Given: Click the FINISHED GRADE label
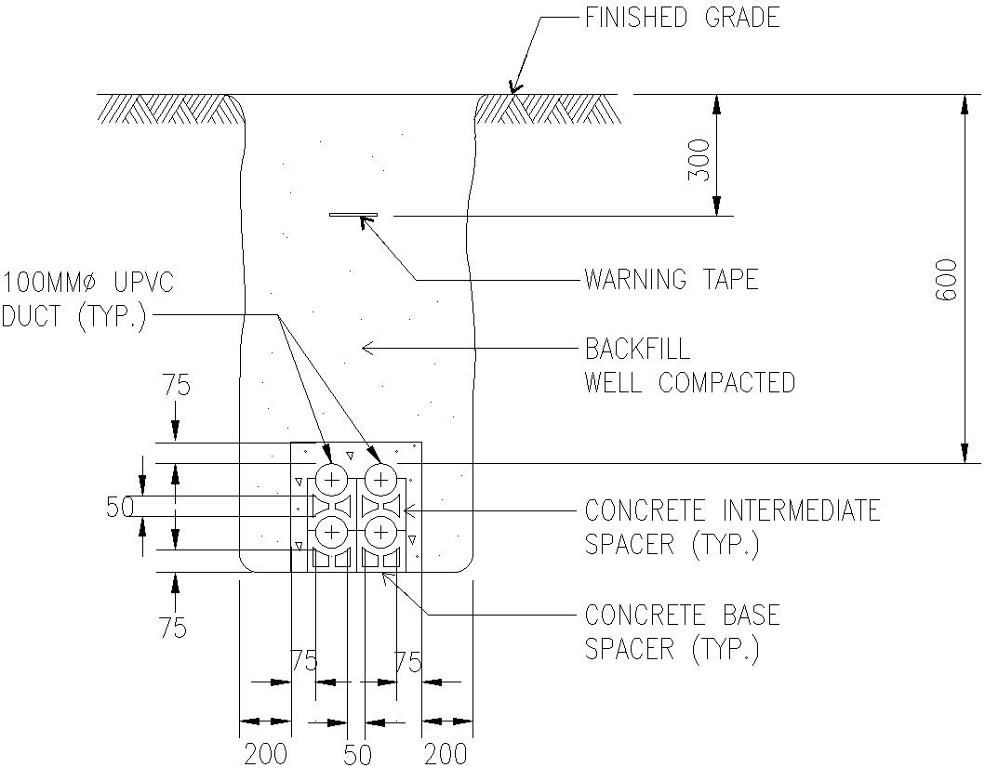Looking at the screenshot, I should [x=682, y=18].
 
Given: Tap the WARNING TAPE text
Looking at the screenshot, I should [x=671, y=279].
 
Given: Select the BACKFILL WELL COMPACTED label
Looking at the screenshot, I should [x=689, y=365].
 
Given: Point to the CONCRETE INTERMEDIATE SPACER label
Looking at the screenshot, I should [x=732, y=526].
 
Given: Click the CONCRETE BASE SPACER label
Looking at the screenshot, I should [x=682, y=631].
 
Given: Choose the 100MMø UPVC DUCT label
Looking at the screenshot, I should [x=88, y=298].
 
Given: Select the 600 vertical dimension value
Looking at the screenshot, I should [x=946, y=290].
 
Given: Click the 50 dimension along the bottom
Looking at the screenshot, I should [x=357, y=753].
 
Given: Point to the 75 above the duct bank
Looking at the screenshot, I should [x=176, y=385].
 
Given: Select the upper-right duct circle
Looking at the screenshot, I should [x=380, y=480].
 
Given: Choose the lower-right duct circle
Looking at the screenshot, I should [x=380, y=532].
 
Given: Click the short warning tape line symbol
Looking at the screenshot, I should [x=353, y=215].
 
